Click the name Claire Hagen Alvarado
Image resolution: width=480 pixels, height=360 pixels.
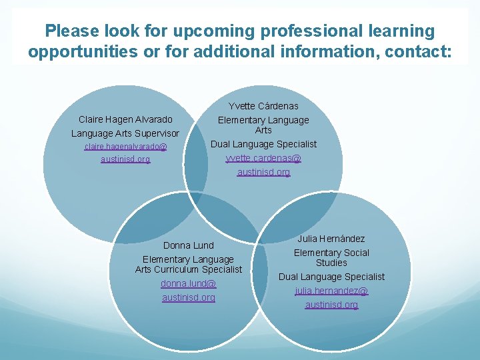coord(125,119)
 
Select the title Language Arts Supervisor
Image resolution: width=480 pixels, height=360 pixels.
coord(125,133)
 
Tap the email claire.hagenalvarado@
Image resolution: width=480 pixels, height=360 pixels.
coord(125,146)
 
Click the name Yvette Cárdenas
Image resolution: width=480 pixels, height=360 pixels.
coord(263,106)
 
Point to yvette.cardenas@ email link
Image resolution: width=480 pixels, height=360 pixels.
coord(263,158)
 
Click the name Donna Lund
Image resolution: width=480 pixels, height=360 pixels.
coord(189,245)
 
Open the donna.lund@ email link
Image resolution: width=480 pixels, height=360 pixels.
coord(189,283)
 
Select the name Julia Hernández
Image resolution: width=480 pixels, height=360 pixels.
coord(331,238)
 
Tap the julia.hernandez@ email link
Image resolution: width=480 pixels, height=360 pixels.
coord(331,291)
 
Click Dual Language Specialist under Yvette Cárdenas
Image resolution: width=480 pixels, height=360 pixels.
coord(263,144)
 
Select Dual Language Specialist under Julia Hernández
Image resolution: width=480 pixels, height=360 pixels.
coord(331,277)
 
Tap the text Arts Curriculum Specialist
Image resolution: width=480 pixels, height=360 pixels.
coord(189,269)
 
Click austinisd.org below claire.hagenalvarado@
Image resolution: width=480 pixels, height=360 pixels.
coord(125,159)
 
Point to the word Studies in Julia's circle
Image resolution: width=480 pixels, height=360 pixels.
coord(331,263)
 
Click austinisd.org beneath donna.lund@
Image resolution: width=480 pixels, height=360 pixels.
coord(189,297)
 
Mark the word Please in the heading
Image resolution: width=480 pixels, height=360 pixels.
coord(72,31)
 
